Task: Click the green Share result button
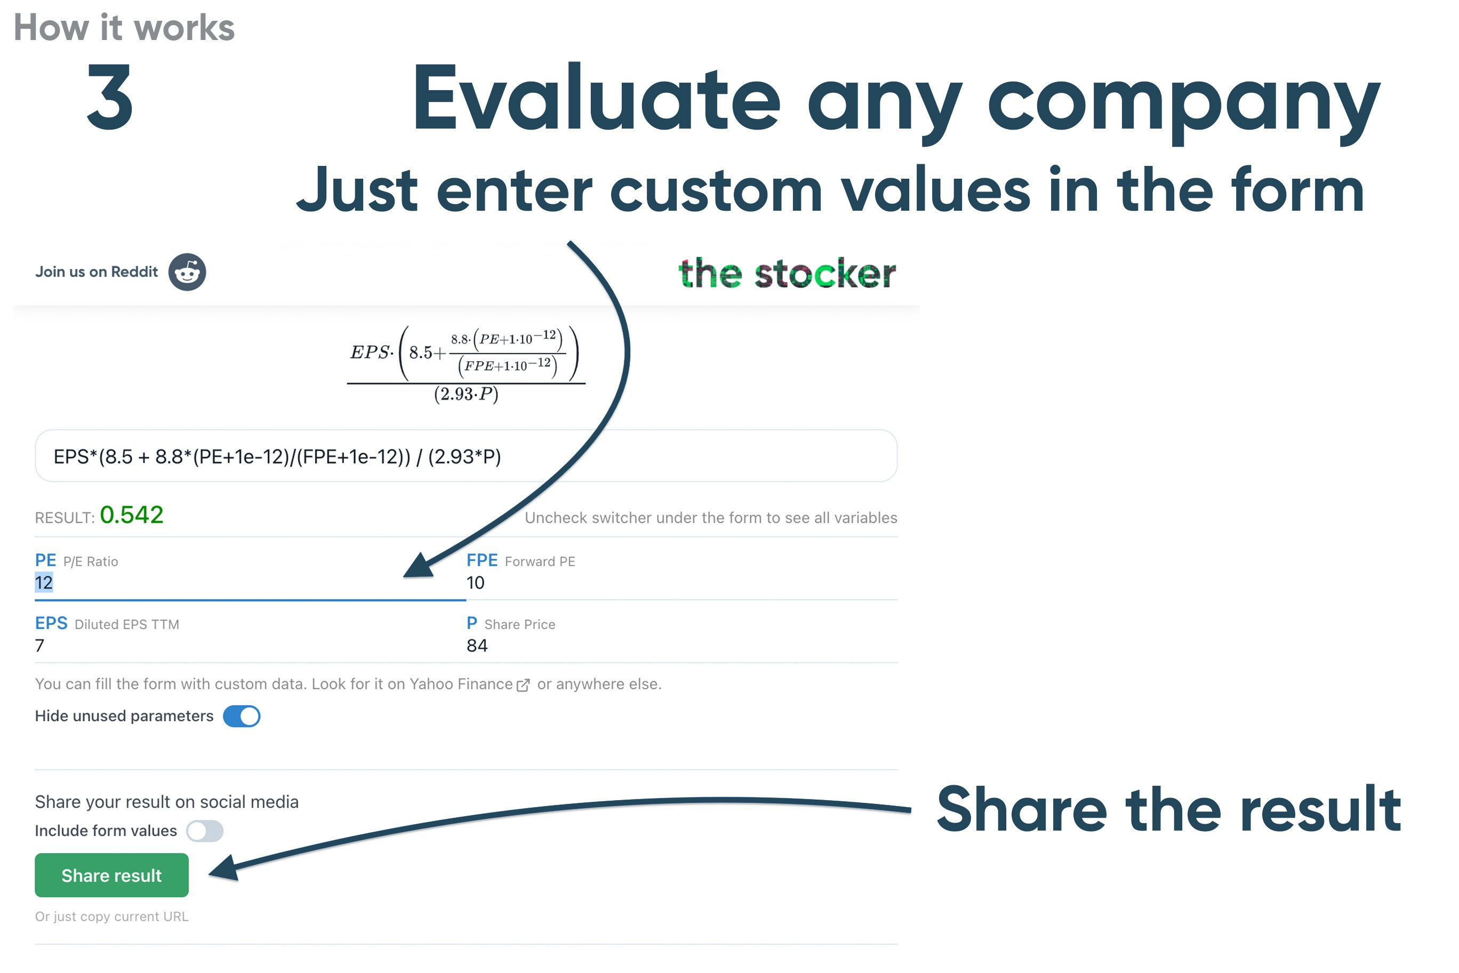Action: pos(111,875)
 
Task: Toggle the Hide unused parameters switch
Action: pos(242,716)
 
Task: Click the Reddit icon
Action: pos(187,272)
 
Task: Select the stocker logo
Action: pos(787,273)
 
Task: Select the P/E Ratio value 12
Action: pos(43,582)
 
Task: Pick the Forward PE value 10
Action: pos(475,583)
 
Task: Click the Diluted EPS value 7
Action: pos(39,645)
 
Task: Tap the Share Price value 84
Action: pos(477,645)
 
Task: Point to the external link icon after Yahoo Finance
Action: pos(524,684)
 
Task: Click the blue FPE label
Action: pos(482,560)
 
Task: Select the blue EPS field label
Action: pos(51,623)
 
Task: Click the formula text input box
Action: pos(467,456)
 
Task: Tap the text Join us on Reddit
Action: pos(97,272)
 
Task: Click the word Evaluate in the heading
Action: pos(597,98)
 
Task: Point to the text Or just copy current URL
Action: pos(111,916)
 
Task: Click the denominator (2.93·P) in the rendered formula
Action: pos(467,395)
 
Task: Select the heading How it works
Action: pos(124,27)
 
